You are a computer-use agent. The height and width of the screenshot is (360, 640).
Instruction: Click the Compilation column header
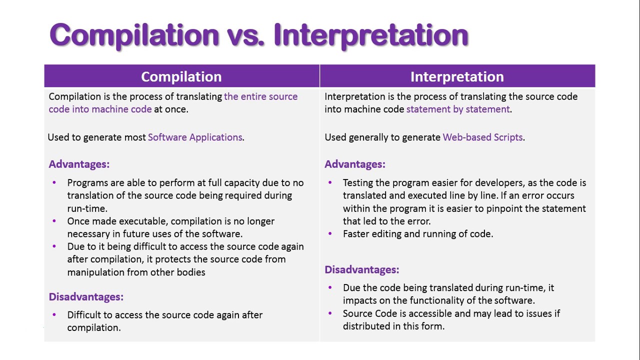tap(181, 76)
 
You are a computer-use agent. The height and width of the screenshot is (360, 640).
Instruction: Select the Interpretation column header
tap(457, 76)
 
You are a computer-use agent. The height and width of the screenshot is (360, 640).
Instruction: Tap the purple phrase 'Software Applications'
tap(195, 137)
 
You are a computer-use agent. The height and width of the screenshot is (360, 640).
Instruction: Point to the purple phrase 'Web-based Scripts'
tap(482, 137)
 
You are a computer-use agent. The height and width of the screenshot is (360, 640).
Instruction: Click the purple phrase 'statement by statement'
tap(458, 109)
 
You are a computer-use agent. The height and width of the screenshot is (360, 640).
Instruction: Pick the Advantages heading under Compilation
tap(79, 164)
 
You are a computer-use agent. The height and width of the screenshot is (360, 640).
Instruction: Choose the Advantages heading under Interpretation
tap(355, 164)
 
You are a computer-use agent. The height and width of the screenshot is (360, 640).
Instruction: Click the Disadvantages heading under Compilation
tap(86, 297)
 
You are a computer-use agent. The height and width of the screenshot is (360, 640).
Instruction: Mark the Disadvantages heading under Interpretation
tap(362, 270)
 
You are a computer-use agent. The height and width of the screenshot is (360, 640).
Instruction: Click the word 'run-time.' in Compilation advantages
tap(87, 208)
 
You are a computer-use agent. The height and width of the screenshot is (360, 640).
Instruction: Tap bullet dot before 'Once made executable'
tap(54, 220)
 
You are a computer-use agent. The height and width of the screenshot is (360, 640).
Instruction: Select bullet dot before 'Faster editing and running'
tap(330, 233)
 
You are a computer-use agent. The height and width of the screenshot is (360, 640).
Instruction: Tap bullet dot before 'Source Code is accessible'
tap(330, 313)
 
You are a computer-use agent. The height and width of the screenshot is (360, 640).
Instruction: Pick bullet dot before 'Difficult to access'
tap(54, 314)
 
